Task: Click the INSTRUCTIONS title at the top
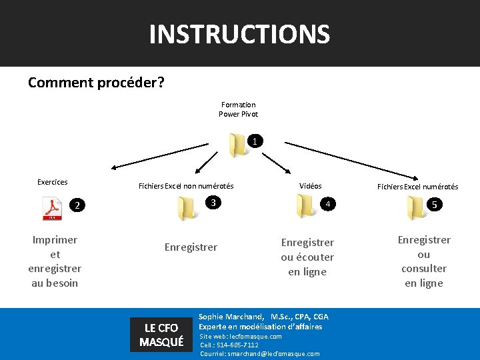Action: [x=239, y=33]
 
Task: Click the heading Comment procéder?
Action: [x=97, y=83]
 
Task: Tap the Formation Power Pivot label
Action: [x=238, y=109]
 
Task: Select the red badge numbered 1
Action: [x=255, y=141]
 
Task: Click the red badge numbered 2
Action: [x=77, y=205]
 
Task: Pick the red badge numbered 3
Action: [x=211, y=203]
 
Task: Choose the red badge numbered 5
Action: [x=435, y=205]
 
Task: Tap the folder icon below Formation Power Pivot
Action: [x=237, y=145]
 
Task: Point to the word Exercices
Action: [x=52, y=181]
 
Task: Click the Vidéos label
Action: [x=310, y=186]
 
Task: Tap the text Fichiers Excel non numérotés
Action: [x=185, y=187]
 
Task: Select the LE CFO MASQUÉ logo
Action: [x=161, y=335]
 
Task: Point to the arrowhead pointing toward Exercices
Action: [x=115, y=169]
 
